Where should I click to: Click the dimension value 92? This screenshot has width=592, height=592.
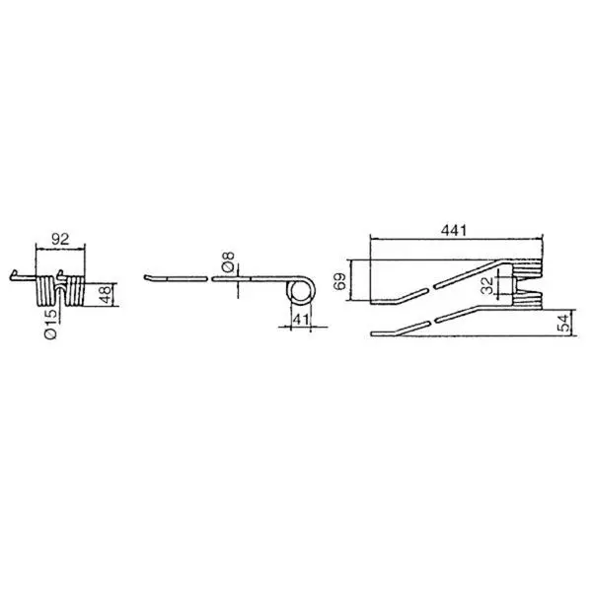tap(60, 239)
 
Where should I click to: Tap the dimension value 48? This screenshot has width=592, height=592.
tap(106, 294)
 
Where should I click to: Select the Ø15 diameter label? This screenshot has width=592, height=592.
tap(50, 324)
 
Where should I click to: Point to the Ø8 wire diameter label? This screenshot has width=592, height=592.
tap(228, 261)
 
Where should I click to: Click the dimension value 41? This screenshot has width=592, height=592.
tap(301, 320)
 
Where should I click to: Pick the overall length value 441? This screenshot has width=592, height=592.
tap(454, 230)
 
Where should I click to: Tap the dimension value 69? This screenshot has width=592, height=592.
tap(339, 281)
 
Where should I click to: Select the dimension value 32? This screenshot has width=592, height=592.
tap(487, 285)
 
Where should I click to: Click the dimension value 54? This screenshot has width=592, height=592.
tap(564, 323)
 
